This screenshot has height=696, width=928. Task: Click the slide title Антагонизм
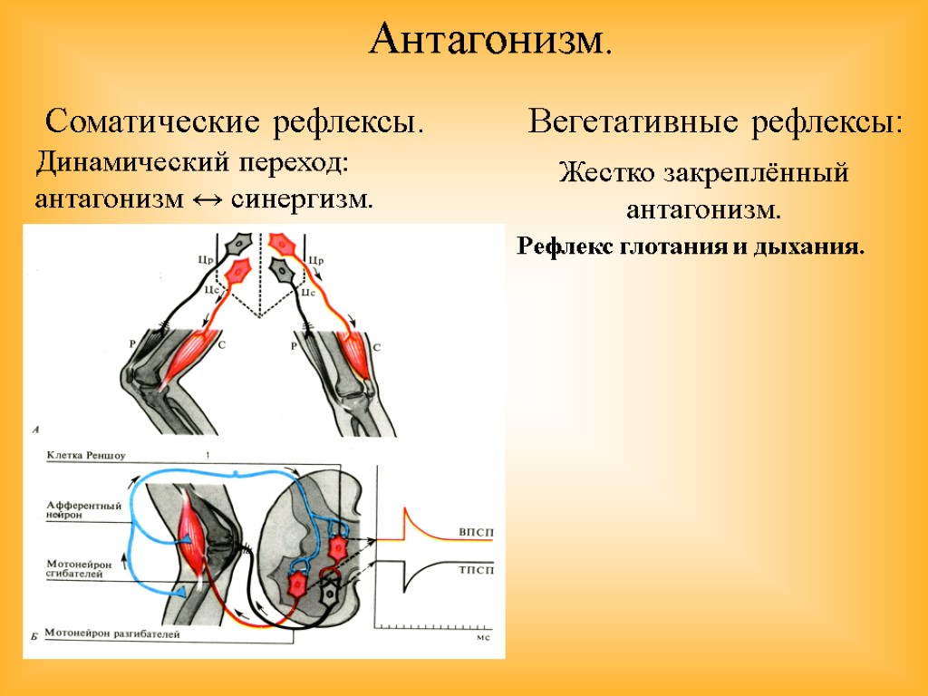[490, 39]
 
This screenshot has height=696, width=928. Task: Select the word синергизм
[302, 199]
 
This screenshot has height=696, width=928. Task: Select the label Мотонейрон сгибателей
[80, 568]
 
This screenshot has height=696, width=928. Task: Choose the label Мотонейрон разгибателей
[111, 634]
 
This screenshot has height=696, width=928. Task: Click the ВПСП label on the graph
[478, 531]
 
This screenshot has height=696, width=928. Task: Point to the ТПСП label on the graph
[478, 571]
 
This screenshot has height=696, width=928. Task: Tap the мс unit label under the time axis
[483, 637]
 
